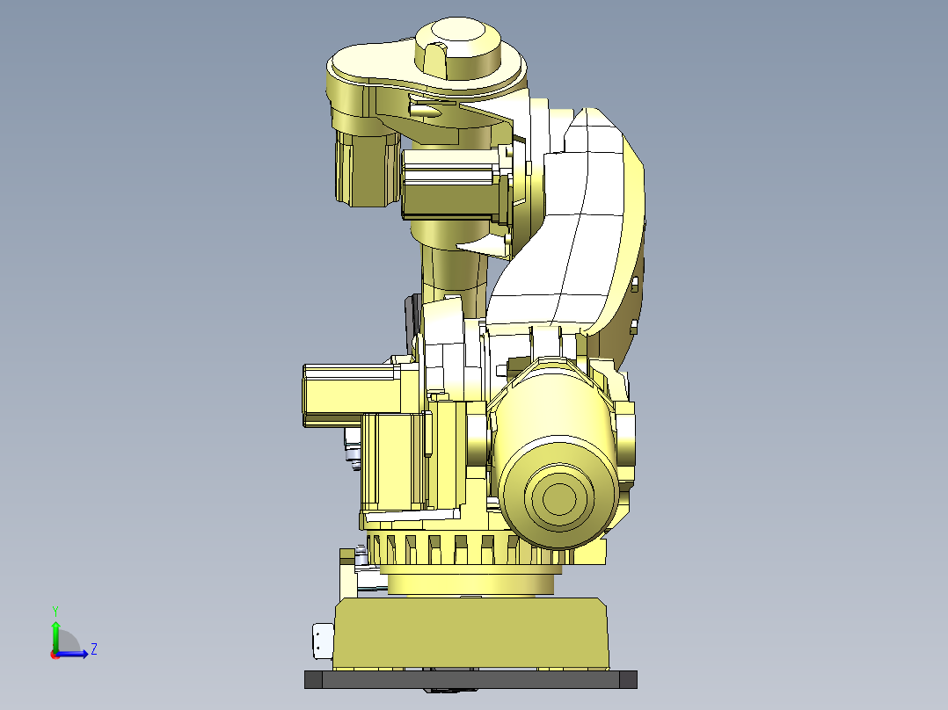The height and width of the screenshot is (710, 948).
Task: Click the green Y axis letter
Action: coord(55,609)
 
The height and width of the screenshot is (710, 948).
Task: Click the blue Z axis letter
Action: coord(93,649)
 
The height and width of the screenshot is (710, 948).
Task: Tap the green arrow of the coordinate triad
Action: coord(55,632)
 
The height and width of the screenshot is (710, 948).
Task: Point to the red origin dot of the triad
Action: coord(55,654)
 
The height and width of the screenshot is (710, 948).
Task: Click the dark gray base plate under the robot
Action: coord(470,679)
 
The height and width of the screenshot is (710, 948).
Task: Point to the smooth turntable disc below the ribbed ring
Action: coord(470,581)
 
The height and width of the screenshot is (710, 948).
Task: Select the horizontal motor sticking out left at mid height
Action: coord(347,395)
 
